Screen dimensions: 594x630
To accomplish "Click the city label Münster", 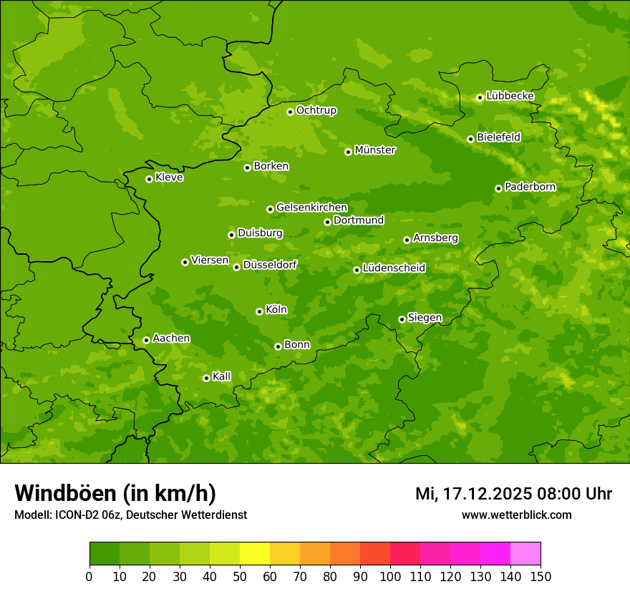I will click(375, 150).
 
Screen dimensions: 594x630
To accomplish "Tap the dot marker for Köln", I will click(259, 311).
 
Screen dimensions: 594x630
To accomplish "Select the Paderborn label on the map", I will click(530, 187).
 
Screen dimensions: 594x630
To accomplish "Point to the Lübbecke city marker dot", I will click(480, 97).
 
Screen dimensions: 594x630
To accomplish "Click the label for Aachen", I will click(171, 339).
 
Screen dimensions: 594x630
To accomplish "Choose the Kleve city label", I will click(169, 177).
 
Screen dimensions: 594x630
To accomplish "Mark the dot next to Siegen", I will click(402, 319).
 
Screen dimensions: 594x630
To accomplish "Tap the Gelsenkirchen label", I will click(311, 208).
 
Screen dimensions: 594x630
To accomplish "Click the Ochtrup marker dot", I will click(290, 112).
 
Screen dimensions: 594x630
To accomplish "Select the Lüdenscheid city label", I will click(394, 268).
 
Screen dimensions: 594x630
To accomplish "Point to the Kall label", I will click(222, 376).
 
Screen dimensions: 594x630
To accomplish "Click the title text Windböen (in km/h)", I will click(115, 493).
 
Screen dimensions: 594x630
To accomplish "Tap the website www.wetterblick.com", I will click(516, 515).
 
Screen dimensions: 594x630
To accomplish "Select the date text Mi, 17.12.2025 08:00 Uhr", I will click(513, 494).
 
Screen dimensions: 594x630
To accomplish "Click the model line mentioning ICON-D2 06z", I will click(130, 515).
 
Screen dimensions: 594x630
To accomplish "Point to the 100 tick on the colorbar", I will click(390, 576).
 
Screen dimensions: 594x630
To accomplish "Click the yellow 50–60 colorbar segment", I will click(255, 554).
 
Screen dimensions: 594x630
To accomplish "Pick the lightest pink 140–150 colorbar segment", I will click(525, 554).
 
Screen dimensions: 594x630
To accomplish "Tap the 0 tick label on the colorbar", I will click(89, 576).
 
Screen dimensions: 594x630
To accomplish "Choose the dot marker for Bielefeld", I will click(470, 139).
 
